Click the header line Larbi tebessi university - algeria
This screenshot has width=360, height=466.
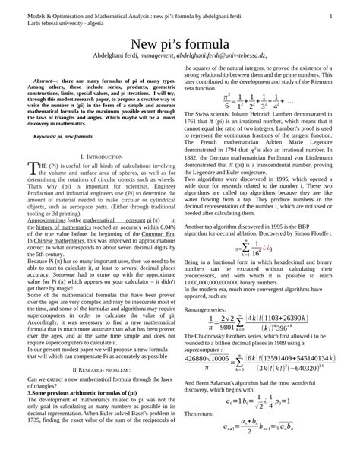coord(70,23)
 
